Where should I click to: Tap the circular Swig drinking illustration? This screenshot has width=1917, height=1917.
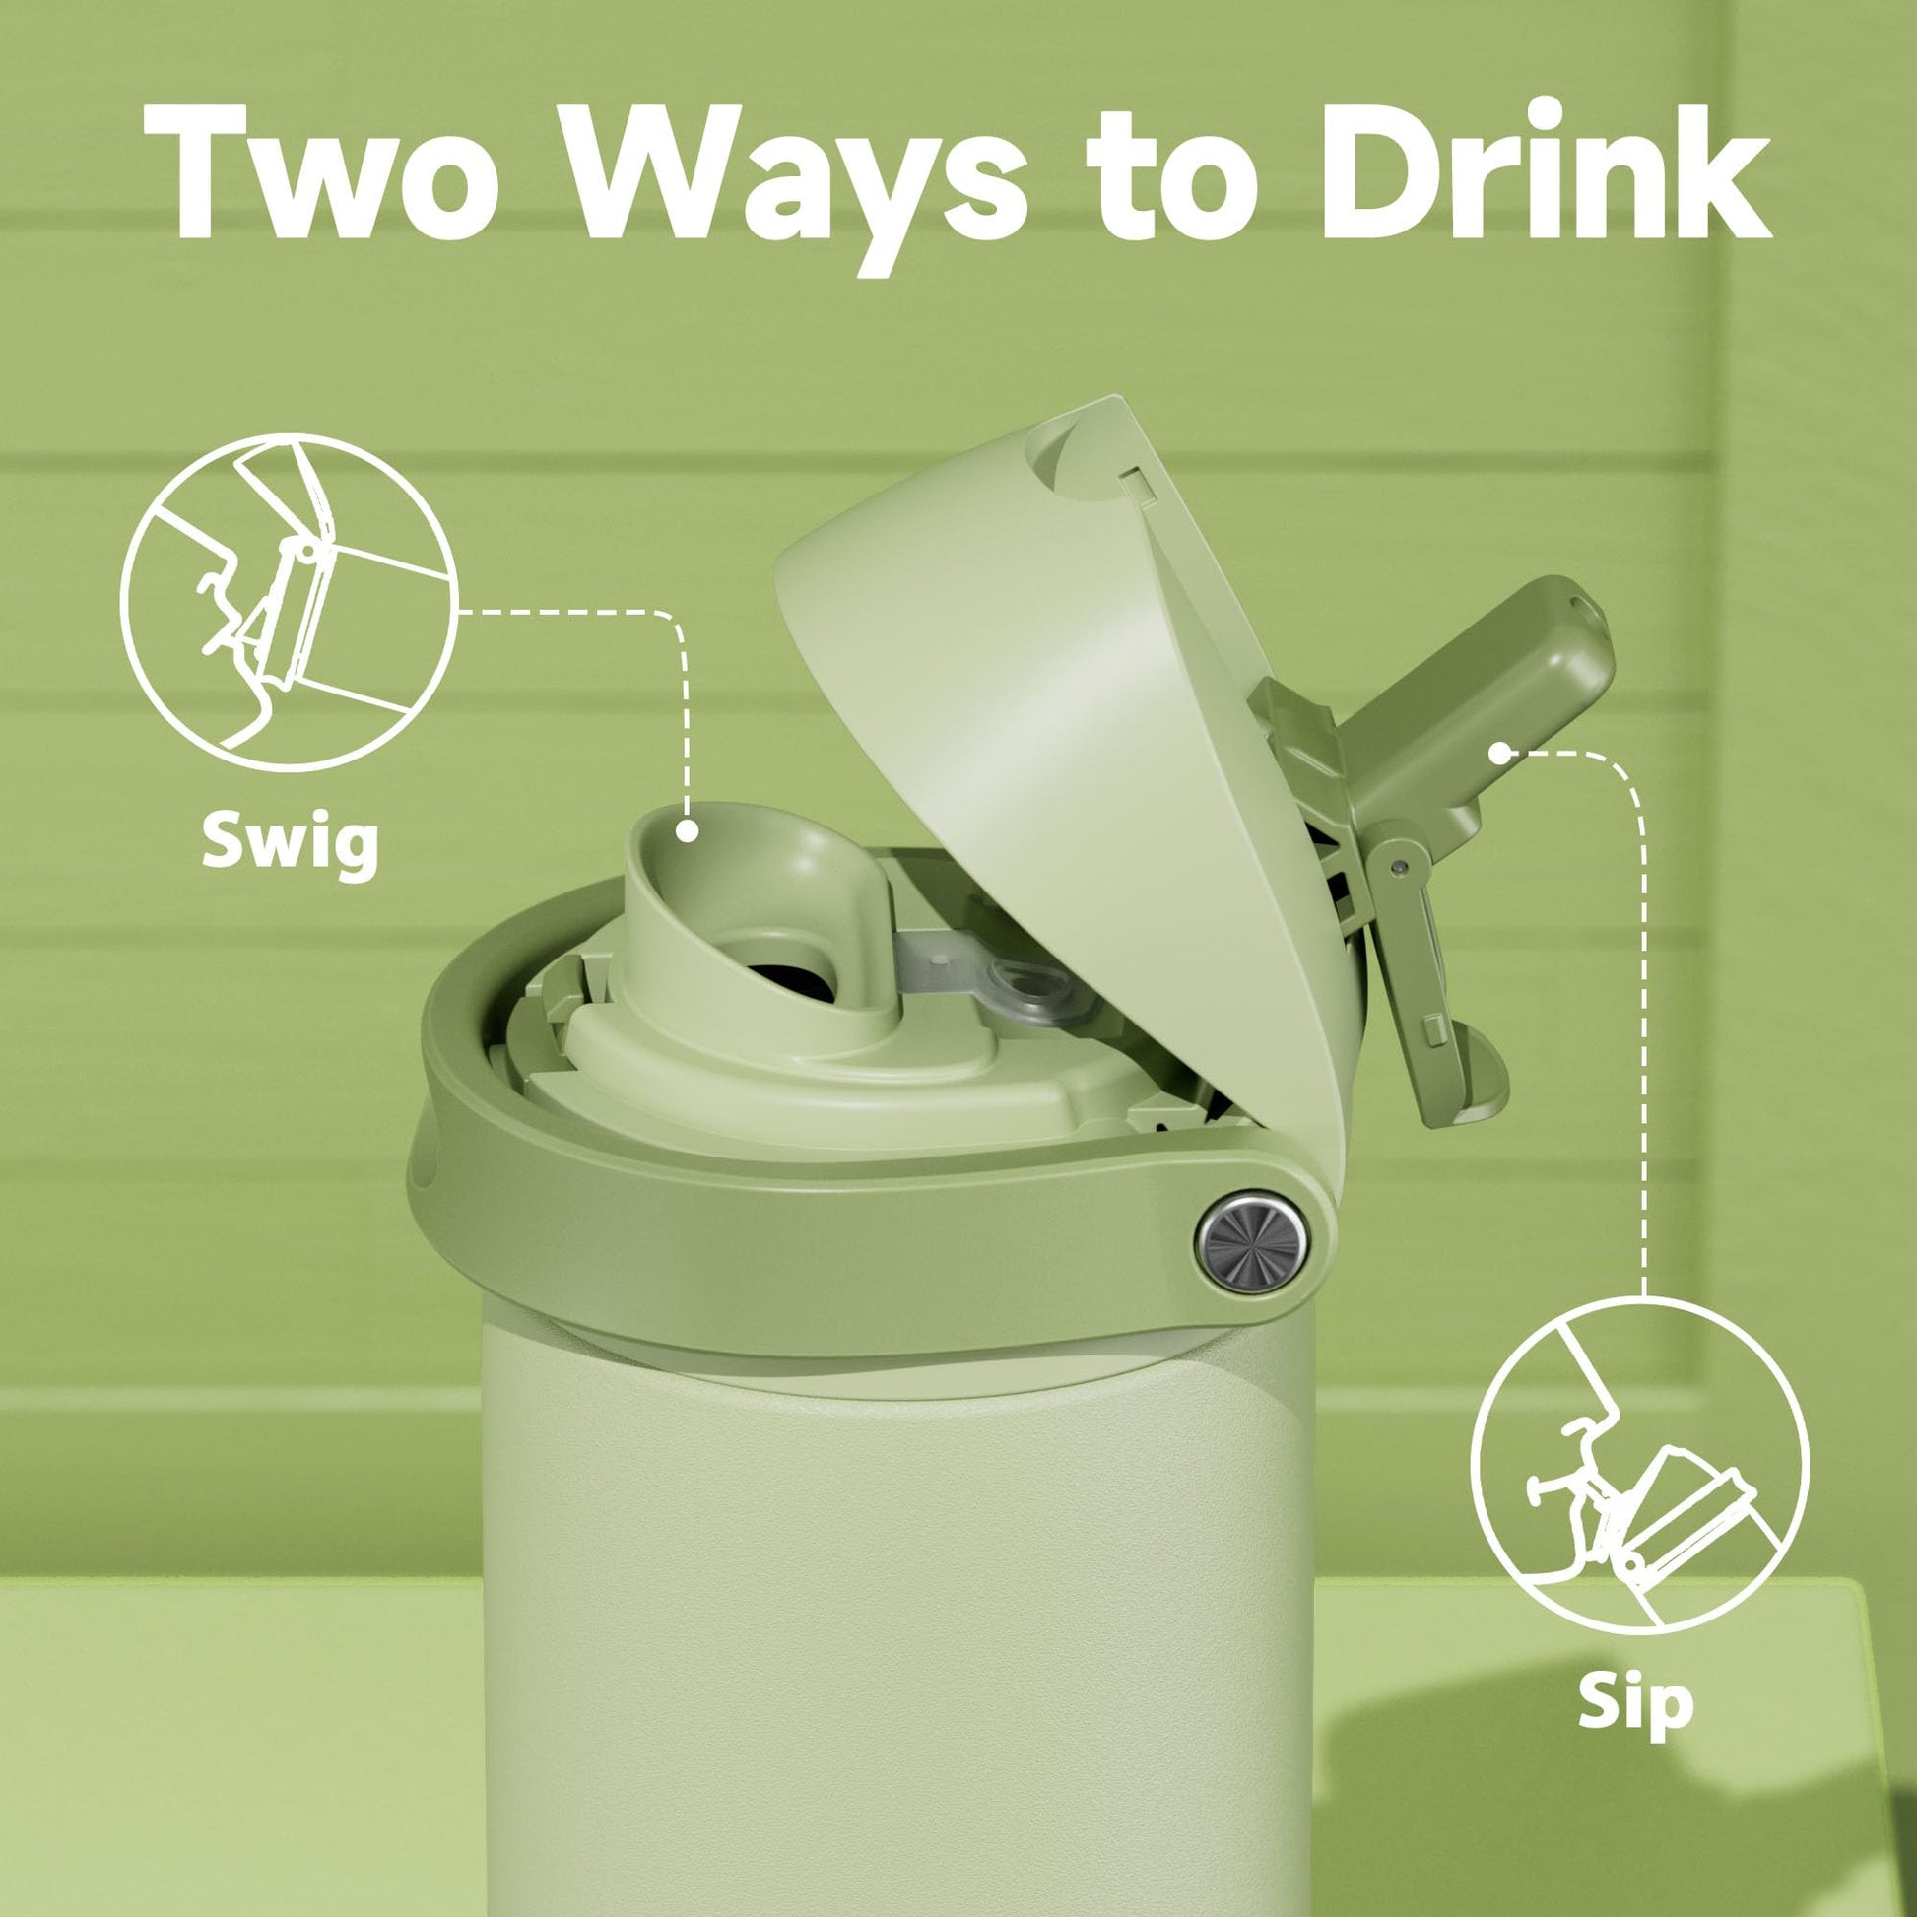point(290,603)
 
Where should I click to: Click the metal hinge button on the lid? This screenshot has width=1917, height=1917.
point(1252,1241)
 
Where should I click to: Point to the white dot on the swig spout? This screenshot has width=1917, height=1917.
point(687,831)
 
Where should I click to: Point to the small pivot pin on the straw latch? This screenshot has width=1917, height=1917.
point(1399,868)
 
